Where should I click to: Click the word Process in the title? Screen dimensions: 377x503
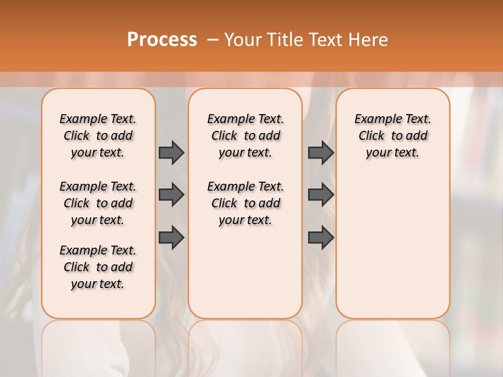(x=162, y=40)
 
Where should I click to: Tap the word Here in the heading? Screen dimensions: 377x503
(x=367, y=40)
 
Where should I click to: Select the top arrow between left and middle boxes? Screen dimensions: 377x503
(x=171, y=152)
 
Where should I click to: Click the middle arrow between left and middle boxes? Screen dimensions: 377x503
(x=171, y=195)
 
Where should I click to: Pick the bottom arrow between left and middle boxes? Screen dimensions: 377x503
(x=171, y=238)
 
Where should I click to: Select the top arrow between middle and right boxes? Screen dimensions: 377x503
(x=321, y=152)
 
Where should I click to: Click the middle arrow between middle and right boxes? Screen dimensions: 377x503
(x=321, y=195)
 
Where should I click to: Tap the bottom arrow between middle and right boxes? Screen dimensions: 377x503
(x=321, y=238)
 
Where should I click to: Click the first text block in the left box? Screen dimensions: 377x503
(x=98, y=136)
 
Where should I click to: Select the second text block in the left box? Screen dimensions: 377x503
(x=98, y=203)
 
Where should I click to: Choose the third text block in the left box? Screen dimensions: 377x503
(x=98, y=267)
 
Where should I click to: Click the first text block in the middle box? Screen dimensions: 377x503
(x=245, y=136)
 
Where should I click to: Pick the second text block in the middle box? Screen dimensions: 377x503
(x=245, y=203)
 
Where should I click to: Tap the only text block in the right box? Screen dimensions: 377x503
(x=392, y=136)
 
